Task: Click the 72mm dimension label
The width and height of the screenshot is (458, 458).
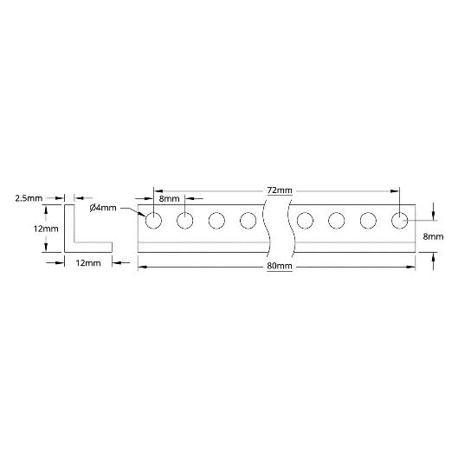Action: (x=280, y=190)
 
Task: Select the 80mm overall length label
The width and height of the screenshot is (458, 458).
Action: (x=280, y=266)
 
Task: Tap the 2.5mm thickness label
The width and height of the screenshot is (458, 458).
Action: (x=29, y=198)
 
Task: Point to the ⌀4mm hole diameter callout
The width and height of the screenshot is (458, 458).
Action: (x=103, y=208)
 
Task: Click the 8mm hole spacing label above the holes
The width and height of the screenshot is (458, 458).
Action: (x=169, y=199)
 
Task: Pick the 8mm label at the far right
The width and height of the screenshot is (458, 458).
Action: (x=433, y=236)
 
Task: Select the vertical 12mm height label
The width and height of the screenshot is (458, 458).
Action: (x=46, y=229)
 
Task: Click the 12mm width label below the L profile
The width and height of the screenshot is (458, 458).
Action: (x=88, y=263)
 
